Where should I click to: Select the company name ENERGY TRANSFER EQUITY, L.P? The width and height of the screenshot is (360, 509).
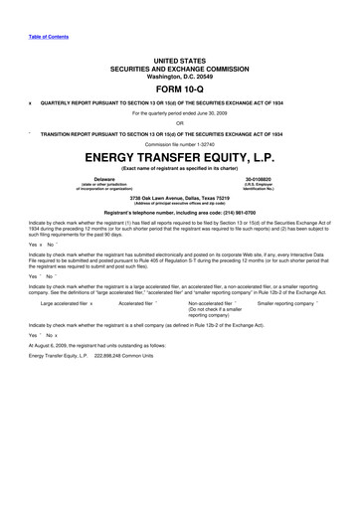pos(179,158)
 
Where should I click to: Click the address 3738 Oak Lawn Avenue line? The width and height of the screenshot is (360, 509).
pos(179,197)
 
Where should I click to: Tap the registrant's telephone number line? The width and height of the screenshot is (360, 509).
pos(179,213)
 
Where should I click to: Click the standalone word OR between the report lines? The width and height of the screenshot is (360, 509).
pos(179,123)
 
